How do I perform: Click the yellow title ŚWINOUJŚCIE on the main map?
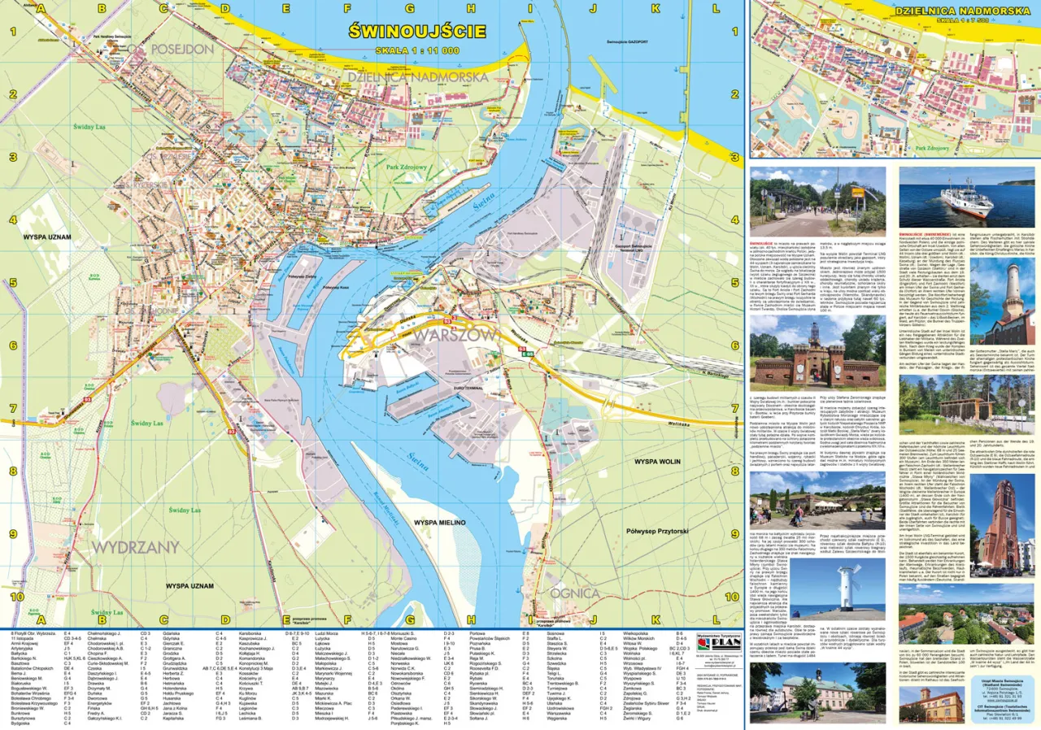(x=416, y=33)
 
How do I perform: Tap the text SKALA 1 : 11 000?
(x=416, y=50)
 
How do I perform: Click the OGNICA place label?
(x=575, y=593)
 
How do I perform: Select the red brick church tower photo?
(x=1005, y=517)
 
